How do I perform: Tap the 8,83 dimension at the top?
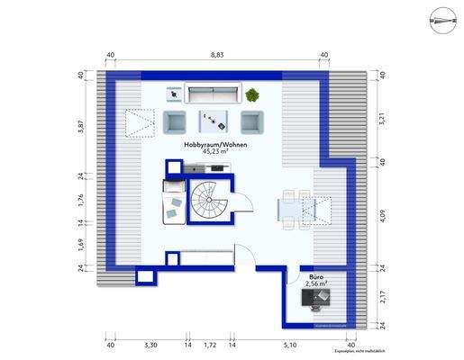(x=217, y=56)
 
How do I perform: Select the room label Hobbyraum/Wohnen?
(x=215, y=144)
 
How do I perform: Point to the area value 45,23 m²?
(x=215, y=152)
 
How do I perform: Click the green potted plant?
(x=252, y=94)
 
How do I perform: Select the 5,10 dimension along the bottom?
(x=290, y=345)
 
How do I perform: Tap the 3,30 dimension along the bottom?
(x=150, y=345)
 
